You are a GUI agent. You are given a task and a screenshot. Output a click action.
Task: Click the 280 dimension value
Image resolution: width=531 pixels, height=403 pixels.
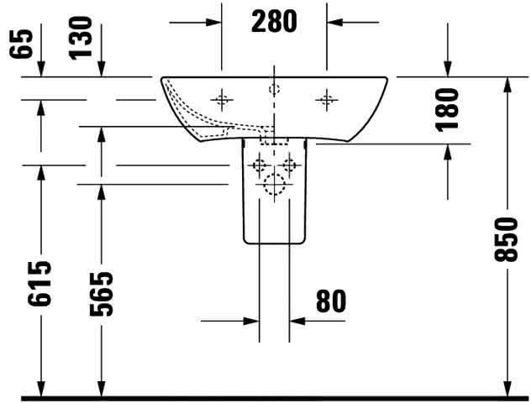click(x=274, y=21)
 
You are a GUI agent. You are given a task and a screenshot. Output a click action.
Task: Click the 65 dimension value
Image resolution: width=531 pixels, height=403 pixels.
click(x=21, y=44)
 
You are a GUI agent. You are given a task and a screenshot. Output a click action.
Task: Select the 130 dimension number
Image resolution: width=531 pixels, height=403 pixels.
click(x=81, y=39)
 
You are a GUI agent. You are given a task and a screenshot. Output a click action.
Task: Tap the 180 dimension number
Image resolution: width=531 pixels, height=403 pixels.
click(x=447, y=109)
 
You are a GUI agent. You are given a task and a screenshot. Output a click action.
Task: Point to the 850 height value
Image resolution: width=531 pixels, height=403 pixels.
click(x=506, y=239)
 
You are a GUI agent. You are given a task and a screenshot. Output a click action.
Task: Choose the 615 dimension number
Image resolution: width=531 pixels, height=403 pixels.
click(x=39, y=284)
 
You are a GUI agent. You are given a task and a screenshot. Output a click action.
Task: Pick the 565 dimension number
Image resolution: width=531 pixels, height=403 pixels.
click(x=101, y=293)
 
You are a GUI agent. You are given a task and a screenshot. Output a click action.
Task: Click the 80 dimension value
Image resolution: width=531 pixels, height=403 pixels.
click(x=331, y=301)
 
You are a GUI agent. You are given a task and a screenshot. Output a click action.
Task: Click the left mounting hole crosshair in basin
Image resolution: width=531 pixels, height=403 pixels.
click(x=222, y=100)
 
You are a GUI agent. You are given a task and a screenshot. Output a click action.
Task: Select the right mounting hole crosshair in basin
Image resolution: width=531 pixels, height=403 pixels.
click(x=327, y=100)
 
